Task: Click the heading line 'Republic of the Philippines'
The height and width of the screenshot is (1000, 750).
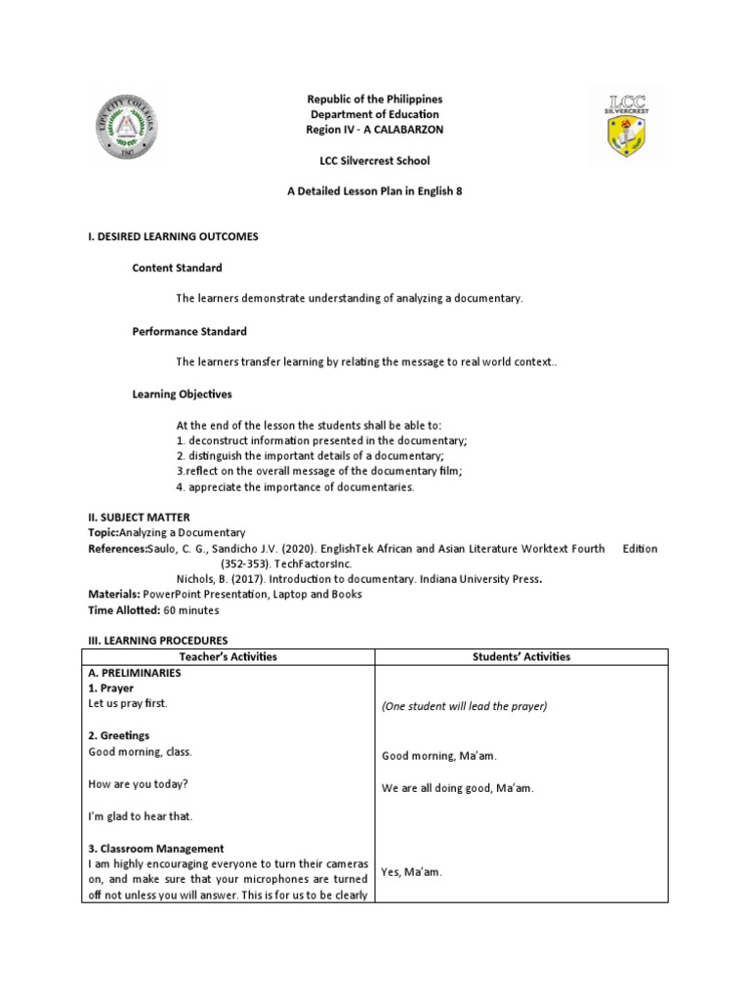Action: point(375,100)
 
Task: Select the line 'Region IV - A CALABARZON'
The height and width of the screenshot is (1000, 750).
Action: point(375,130)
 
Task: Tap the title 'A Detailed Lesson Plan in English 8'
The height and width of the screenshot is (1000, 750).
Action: point(375,191)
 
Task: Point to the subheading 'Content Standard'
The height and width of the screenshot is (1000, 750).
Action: point(177,268)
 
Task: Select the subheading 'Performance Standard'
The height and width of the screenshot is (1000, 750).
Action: point(189,331)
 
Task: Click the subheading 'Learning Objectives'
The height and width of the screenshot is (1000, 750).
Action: point(183,395)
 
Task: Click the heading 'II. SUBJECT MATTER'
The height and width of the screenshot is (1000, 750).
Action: point(140,517)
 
